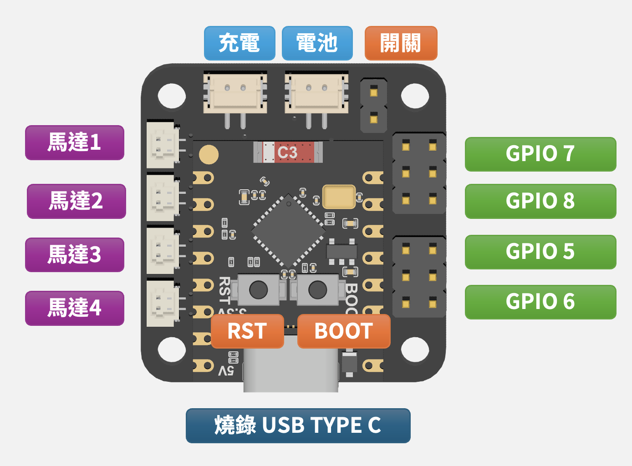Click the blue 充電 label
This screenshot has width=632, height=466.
(x=240, y=43)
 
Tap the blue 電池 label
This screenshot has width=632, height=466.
(x=317, y=43)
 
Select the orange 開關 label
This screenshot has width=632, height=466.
(x=401, y=43)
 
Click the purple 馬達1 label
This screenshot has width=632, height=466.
(x=75, y=142)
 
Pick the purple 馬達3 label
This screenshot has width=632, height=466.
(x=75, y=254)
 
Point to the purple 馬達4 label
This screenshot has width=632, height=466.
(x=75, y=308)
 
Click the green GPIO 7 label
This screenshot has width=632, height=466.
(x=540, y=154)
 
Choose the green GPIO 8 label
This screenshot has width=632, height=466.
(x=540, y=201)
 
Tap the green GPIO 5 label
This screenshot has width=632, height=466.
(x=540, y=252)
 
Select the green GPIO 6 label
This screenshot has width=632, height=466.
(x=540, y=302)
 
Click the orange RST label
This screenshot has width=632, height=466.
(x=247, y=331)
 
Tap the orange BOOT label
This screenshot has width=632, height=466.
(x=344, y=331)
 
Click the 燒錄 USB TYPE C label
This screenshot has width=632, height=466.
(x=298, y=425)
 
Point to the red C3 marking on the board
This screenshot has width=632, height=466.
(x=288, y=152)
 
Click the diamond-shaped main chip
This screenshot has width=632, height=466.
(x=288, y=231)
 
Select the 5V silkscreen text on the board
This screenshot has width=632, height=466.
(x=226, y=370)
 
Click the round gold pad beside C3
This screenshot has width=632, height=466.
(x=209, y=155)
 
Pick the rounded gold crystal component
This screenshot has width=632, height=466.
(x=338, y=196)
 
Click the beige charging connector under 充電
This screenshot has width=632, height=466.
(x=235, y=93)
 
